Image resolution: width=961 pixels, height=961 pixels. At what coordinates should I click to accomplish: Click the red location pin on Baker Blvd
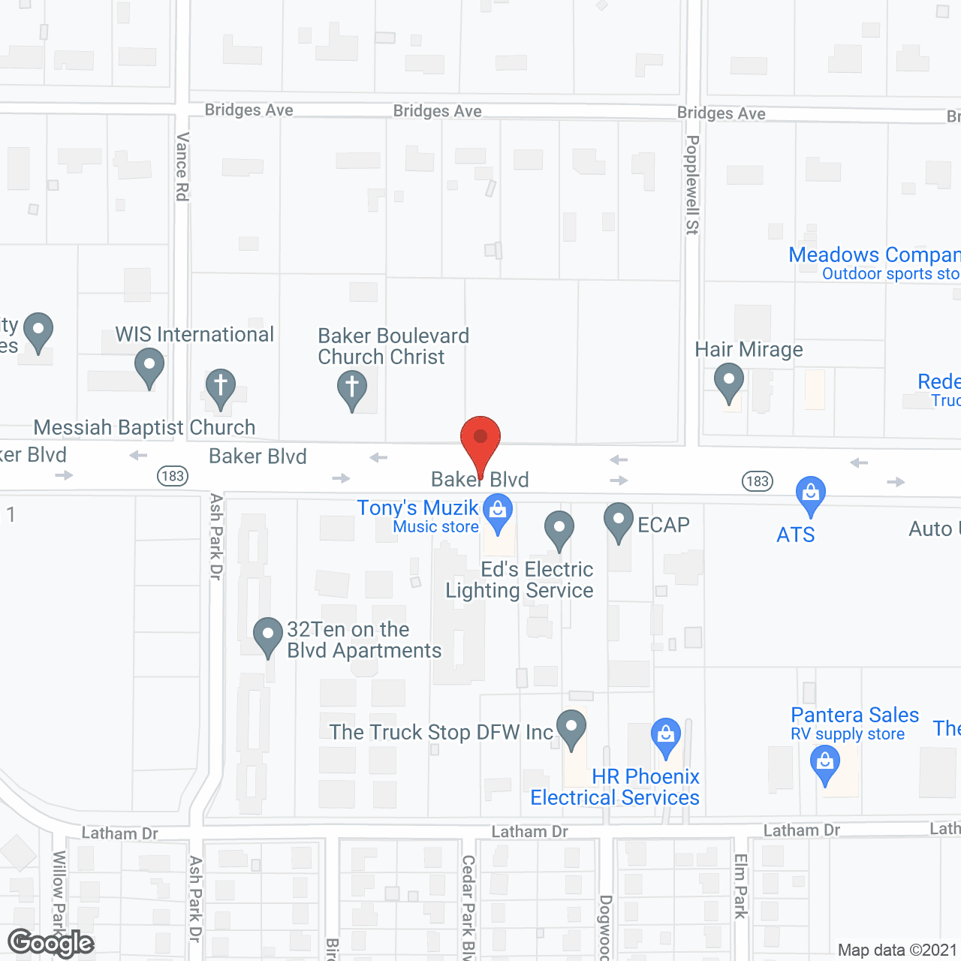point(480,438)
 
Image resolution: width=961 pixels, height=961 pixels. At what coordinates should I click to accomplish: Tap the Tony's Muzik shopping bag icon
point(497,511)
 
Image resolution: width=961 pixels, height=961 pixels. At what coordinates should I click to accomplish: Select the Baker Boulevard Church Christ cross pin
point(351,389)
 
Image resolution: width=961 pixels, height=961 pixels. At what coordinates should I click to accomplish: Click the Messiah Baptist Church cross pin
point(220,387)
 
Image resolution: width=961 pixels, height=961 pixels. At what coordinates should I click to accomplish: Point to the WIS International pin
point(149,366)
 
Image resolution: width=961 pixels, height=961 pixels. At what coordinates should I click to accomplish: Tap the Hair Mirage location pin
point(728,381)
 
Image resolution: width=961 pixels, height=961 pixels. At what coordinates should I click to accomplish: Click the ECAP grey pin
point(619,520)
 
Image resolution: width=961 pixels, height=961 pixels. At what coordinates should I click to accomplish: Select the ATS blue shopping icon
point(810,494)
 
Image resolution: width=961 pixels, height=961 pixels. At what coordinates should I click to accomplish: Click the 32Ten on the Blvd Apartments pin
point(268,635)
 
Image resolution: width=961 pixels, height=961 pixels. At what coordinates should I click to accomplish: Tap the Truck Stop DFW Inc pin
point(571,727)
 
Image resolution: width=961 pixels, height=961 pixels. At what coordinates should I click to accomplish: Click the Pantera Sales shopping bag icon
point(825,762)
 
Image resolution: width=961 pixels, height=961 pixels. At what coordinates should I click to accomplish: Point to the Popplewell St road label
point(692,185)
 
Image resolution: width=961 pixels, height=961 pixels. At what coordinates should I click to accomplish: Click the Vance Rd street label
point(182,167)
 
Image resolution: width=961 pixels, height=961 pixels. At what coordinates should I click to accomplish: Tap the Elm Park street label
point(740,886)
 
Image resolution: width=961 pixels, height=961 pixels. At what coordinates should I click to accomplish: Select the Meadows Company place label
point(874,255)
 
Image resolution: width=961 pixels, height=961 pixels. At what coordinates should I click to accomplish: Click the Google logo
point(51,943)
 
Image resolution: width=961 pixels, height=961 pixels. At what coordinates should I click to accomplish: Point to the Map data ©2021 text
point(897,950)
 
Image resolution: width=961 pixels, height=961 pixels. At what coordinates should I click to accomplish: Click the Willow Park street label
point(59,893)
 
